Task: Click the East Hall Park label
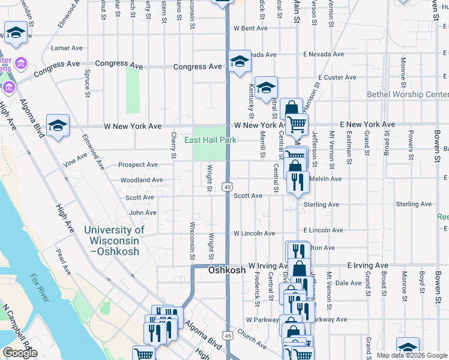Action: click(x=210, y=140)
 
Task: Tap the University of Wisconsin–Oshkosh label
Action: click(x=114, y=241)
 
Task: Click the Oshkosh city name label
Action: click(x=227, y=271)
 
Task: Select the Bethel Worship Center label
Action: click(x=408, y=95)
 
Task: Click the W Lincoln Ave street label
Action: click(x=254, y=233)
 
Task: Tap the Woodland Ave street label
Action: click(x=142, y=180)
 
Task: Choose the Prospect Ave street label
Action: click(x=138, y=165)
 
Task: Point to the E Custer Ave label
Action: click(x=337, y=77)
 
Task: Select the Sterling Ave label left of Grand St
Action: click(x=321, y=205)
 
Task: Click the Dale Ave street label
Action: click(x=348, y=283)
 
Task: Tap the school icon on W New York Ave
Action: click(x=58, y=125)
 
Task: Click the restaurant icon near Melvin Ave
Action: click(x=298, y=181)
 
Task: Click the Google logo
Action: click(x=20, y=353)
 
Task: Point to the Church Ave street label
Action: click(x=251, y=339)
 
